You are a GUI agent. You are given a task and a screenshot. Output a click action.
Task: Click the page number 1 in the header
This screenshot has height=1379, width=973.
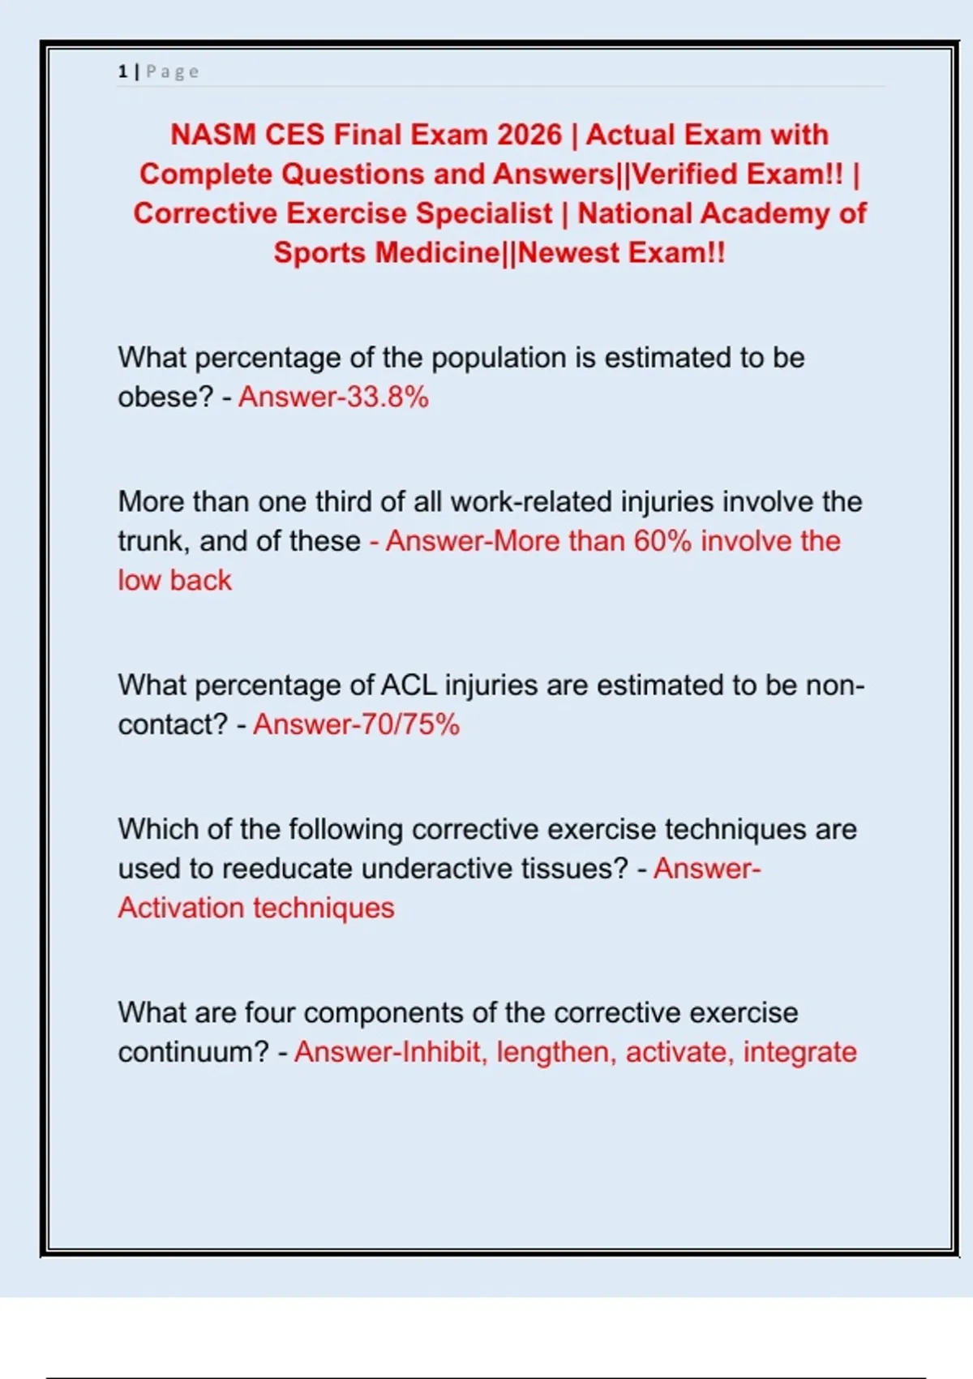[x=122, y=71]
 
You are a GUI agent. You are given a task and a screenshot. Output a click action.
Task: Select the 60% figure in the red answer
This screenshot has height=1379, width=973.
[x=662, y=541]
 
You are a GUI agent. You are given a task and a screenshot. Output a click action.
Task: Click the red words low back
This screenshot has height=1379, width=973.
[x=174, y=581]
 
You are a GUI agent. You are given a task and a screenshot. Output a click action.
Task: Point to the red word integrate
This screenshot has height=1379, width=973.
[x=799, y=1052]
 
